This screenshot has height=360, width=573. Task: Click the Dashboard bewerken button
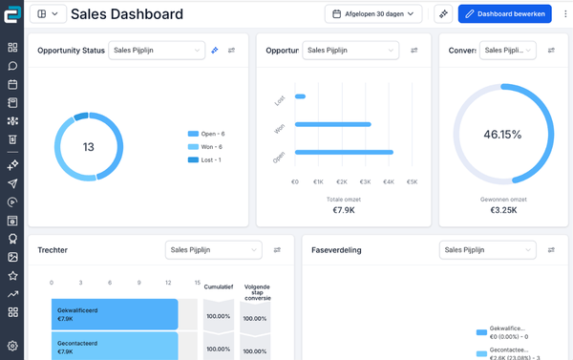(504, 13)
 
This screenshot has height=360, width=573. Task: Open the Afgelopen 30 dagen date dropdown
(376, 13)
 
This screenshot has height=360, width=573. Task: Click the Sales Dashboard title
(127, 14)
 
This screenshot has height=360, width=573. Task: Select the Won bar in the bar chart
(332, 124)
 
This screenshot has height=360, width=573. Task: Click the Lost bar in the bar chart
(300, 96)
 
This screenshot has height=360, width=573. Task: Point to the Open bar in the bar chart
(344, 152)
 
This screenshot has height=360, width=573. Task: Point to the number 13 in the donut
(88, 147)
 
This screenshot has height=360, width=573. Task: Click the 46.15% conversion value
(502, 135)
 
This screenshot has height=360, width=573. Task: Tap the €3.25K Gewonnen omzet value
(502, 210)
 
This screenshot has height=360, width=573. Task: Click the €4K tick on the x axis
(389, 180)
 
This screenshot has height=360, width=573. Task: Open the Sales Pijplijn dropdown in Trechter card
(213, 250)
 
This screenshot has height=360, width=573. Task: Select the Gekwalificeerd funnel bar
(115, 313)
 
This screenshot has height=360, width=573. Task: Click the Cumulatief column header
(218, 286)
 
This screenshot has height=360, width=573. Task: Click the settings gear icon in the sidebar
(12, 346)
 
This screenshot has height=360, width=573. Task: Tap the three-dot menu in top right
(563, 13)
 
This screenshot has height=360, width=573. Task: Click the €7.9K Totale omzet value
(343, 210)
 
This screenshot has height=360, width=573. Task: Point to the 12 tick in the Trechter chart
(167, 283)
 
